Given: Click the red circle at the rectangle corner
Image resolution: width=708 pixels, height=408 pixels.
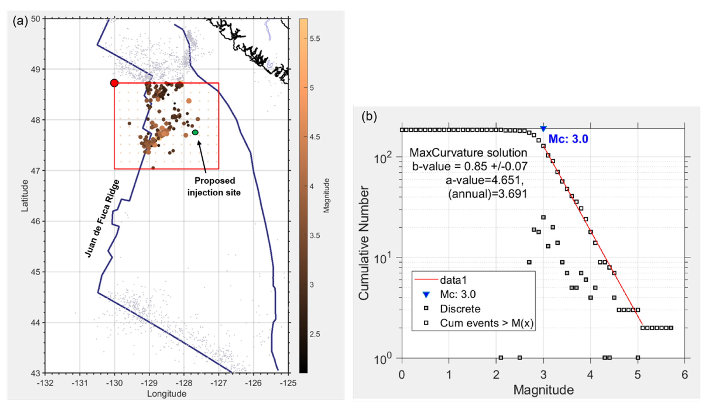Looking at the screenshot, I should (114, 83).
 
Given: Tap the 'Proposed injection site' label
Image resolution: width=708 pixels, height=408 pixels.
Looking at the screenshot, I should (214, 187).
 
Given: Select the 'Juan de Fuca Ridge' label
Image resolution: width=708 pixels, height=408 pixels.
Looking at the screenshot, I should (102, 218).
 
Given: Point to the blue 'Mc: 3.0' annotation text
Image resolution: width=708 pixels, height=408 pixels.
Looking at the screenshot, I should (568, 139).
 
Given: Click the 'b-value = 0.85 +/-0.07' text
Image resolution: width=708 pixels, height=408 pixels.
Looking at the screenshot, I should (470, 166).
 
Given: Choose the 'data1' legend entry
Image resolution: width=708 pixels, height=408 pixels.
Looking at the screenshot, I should (453, 280).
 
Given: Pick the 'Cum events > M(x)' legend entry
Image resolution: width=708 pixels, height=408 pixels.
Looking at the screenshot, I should (486, 323).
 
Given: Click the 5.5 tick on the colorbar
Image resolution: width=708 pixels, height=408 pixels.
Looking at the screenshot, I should (315, 39).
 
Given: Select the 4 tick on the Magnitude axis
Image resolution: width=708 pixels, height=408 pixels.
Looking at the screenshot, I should (590, 375).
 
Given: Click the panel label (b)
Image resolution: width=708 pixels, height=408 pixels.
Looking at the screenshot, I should (369, 116).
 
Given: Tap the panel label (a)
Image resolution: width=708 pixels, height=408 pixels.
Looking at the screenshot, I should (20, 21).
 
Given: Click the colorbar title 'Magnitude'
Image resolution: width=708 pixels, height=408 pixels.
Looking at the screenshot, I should (326, 196).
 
